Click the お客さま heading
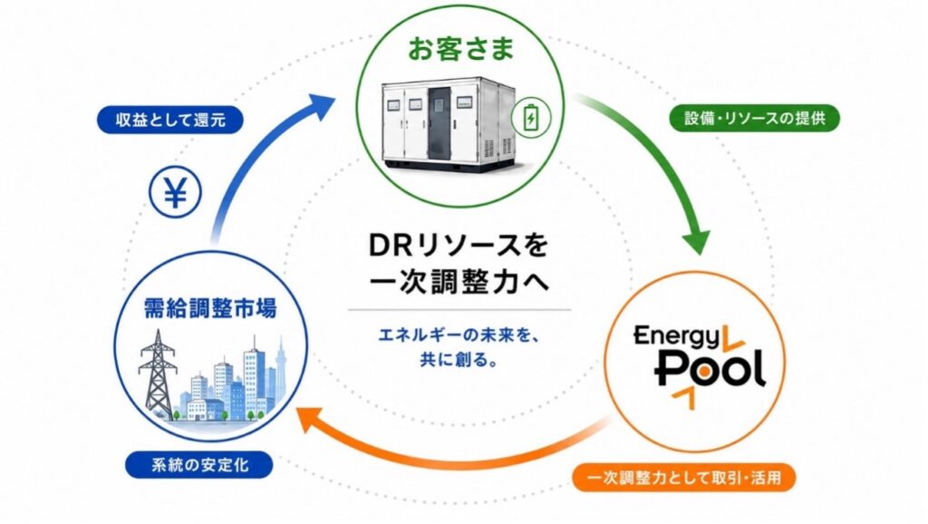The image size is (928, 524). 460,49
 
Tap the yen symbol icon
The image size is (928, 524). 175,192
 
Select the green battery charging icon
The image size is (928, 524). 531,117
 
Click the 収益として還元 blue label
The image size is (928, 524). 170,121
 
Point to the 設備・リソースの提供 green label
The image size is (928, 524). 755,118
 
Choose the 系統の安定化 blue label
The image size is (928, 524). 199,465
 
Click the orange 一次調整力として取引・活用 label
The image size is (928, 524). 683,477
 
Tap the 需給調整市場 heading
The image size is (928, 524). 210,308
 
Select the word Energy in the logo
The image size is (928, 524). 677,337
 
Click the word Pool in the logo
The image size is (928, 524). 710,369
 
